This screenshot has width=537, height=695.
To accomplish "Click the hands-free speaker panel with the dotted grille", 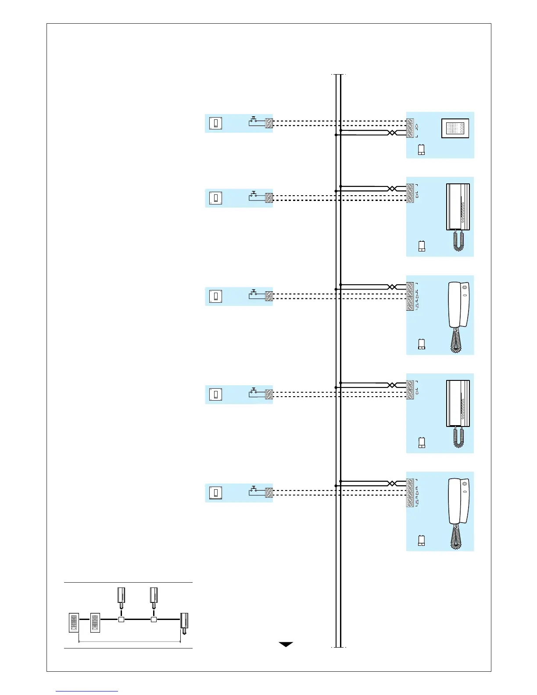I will pos(455,128).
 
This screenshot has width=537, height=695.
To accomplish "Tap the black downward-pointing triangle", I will pos(286,645).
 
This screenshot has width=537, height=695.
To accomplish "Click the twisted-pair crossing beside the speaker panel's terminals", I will pos(392,133).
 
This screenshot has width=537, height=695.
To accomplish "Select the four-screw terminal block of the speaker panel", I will pos(410,128).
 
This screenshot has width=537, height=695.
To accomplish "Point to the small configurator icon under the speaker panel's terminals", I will pos(421,150).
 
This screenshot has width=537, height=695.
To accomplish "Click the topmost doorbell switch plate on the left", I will pos(215,123).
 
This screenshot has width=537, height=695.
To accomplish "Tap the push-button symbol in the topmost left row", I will pos(253,121).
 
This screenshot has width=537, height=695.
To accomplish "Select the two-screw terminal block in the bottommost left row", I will pos(269,492).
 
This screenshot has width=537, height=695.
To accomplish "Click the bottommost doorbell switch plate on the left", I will pos(215,493).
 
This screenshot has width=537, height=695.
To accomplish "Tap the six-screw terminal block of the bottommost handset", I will pos(410,493).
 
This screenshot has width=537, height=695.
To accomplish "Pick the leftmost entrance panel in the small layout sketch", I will pos(74,623).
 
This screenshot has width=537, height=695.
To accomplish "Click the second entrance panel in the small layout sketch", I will pos(95,623).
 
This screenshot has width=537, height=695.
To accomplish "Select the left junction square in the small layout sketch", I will pos(122,620).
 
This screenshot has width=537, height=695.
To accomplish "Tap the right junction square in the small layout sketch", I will pos(154,620).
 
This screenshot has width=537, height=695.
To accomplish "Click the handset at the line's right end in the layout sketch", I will pos(185,623).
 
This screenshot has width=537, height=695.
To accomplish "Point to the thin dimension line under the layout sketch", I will pos(129,642).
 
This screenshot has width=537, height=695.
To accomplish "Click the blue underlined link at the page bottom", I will pos(87,691).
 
